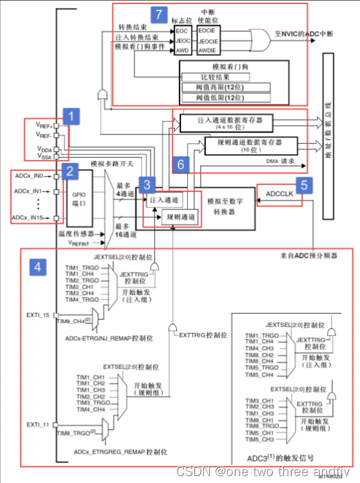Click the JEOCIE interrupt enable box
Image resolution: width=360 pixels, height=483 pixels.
209,40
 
